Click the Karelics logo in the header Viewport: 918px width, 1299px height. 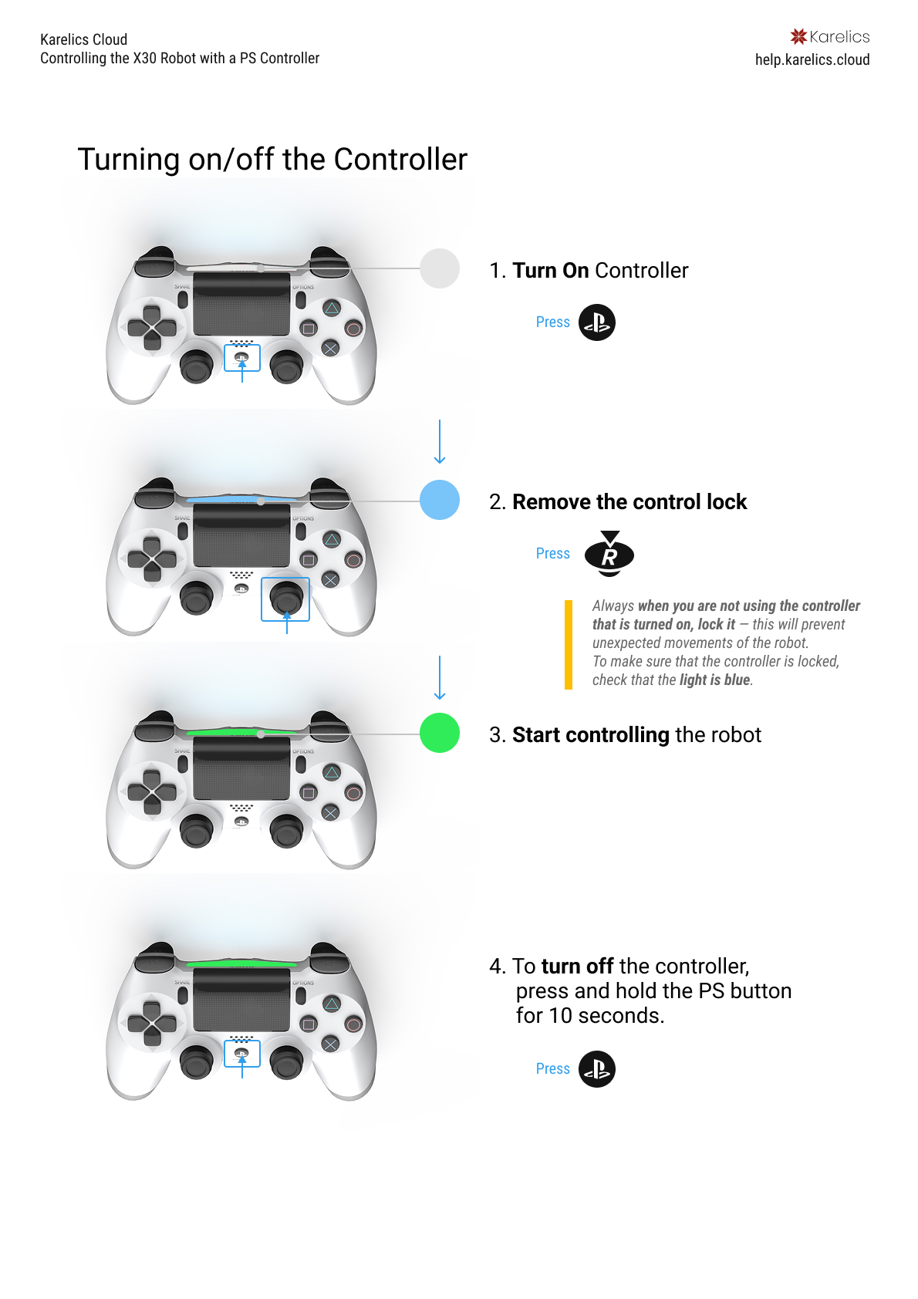pos(829,36)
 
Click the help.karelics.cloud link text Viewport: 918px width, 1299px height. pos(812,59)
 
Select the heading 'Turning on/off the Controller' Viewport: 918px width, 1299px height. pos(272,160)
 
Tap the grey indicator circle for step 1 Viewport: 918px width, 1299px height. pos(440,268)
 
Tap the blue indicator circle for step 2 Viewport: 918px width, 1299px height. pos(440,500)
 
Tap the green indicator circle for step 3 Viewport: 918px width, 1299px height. pos(440,733)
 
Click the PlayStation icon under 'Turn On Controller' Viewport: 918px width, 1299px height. pos(596,322)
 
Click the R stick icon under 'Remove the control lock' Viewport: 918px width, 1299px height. pos(609,554)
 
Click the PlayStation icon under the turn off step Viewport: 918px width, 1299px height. pos(596,1069)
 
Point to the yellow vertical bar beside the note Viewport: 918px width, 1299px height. pos(569,644)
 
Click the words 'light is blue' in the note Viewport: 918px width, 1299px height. pos(714,680)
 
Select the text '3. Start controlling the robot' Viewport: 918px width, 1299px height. pos(625,734)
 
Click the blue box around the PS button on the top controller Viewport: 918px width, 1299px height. pos(242,358)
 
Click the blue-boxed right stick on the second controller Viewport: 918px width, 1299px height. pos(285,599)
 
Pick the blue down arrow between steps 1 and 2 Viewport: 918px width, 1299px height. pos(440,441)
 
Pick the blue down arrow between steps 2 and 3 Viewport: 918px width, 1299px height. pos(440,677)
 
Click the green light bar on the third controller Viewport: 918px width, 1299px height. pos(241,732)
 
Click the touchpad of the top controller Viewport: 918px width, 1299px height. pos(241,304)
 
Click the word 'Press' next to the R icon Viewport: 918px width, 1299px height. pos(552,554)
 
